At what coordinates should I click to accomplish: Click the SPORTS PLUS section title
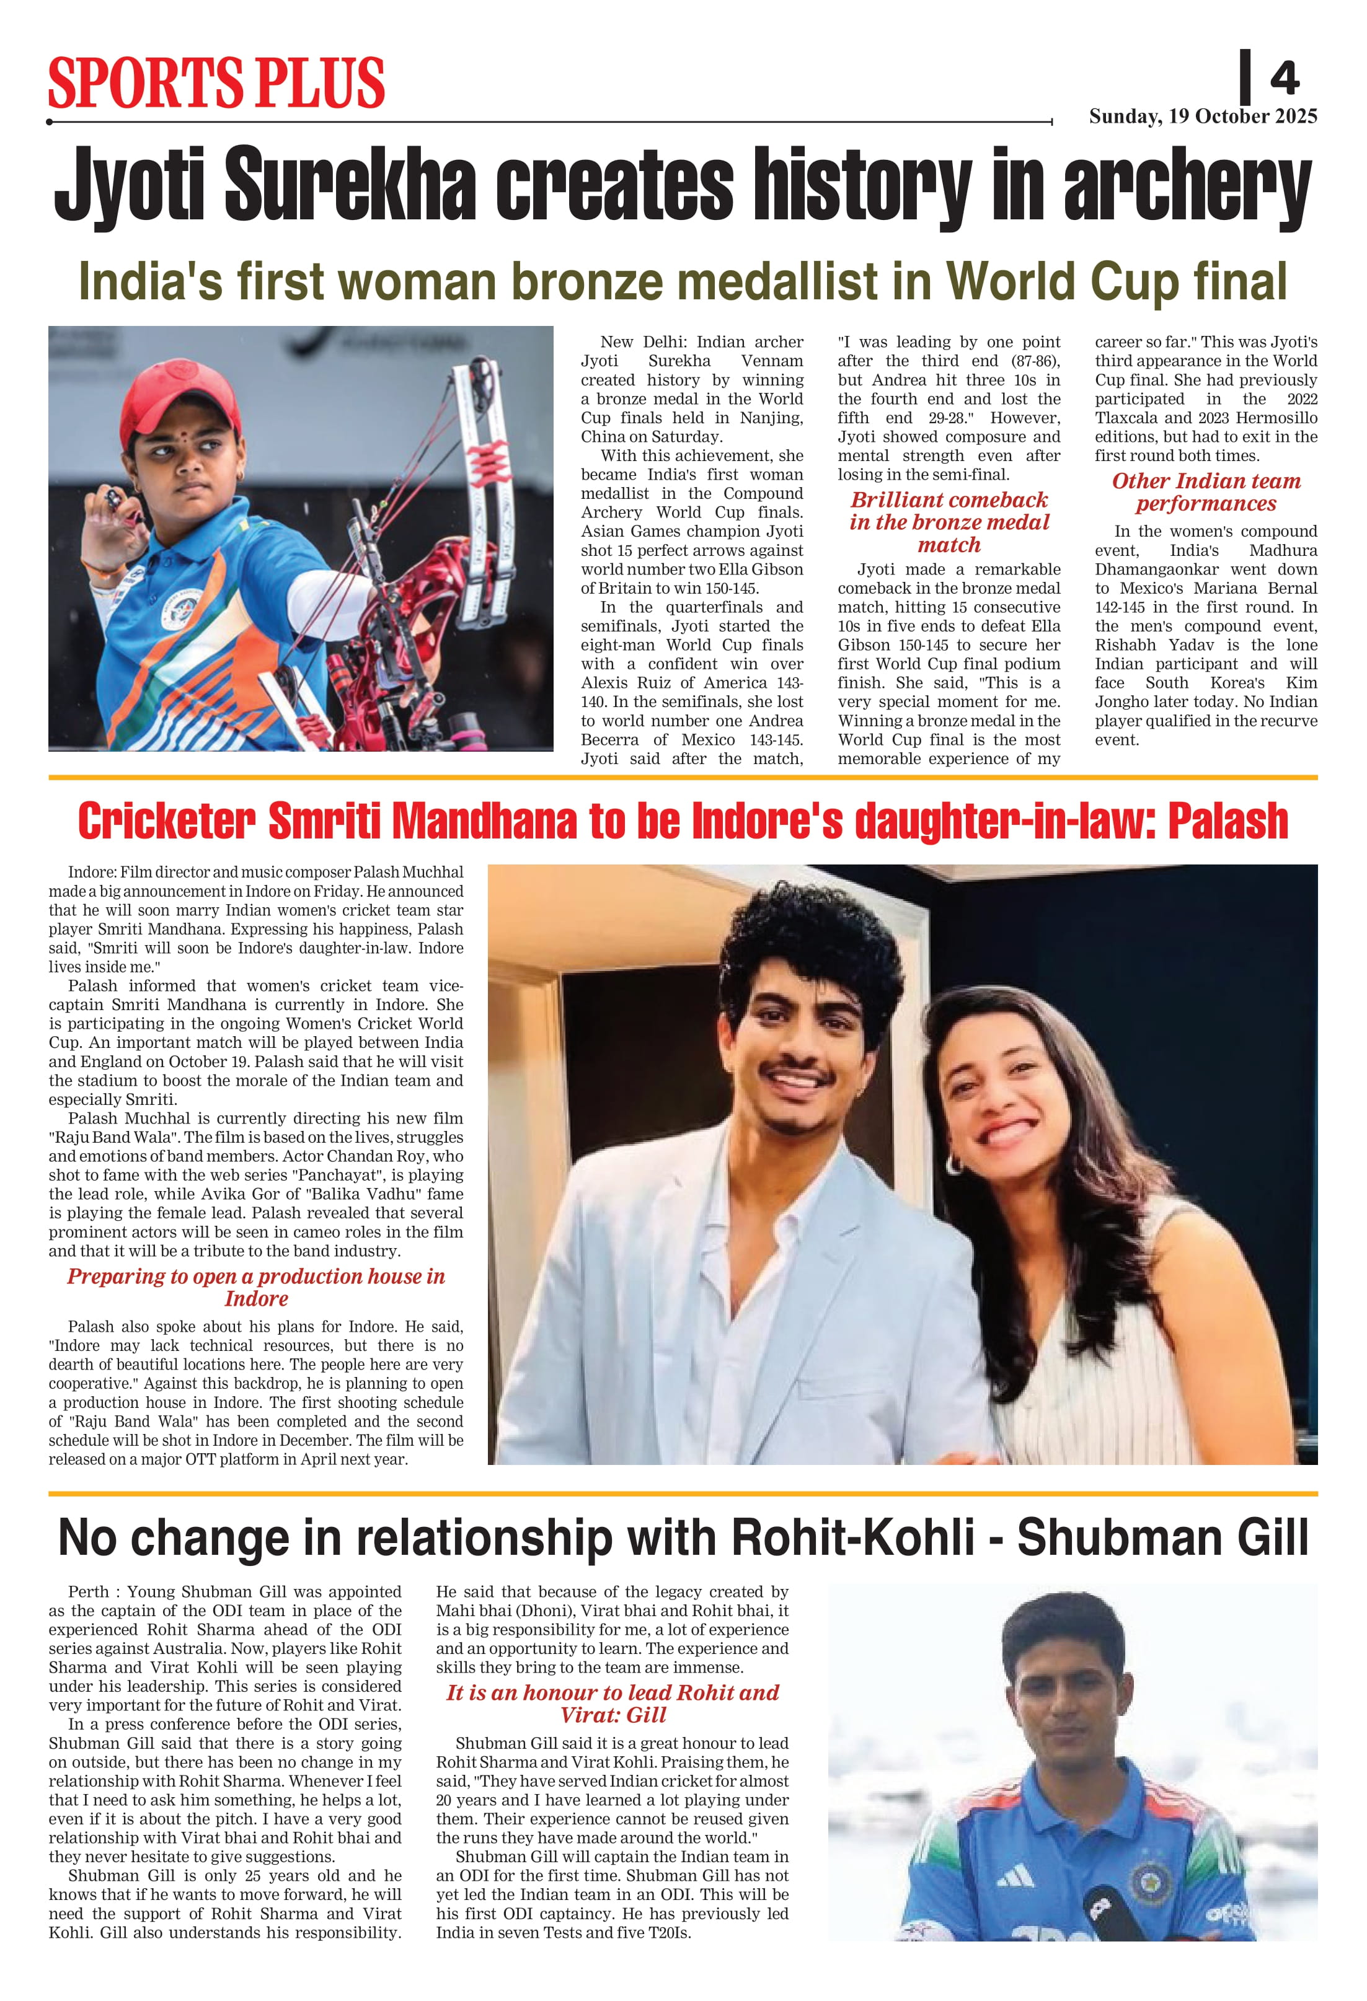tap(216, 82)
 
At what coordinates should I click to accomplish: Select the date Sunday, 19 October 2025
tap(1203, 117)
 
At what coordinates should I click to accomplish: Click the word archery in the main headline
tap(1188, 185)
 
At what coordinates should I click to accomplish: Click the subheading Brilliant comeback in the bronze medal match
tap(949, 522)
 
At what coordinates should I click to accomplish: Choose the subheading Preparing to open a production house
tap(256, 1286)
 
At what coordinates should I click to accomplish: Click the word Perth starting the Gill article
tap(89, 1592)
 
